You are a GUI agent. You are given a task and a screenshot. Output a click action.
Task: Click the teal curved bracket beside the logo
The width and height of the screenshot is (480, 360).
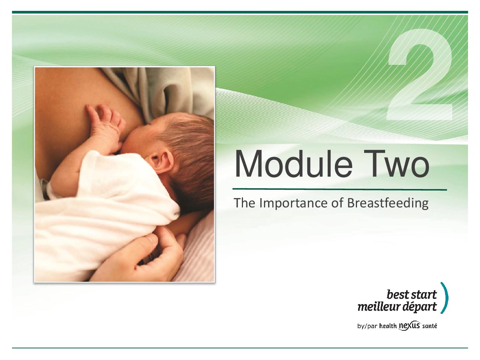click(445, 298)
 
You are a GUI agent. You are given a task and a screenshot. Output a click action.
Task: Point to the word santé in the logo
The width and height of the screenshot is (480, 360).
click(430, 326)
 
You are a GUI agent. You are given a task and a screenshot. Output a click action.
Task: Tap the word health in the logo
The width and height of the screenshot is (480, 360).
click(388, 326)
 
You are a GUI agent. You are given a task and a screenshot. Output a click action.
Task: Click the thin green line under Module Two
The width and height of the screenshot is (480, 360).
click(340, 189)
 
